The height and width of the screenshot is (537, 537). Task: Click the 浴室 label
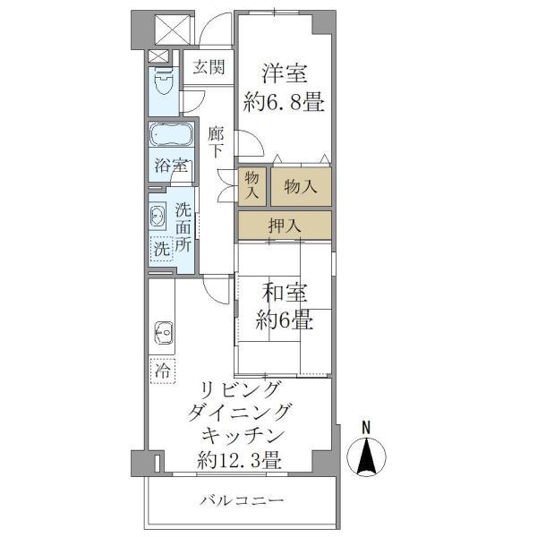tap(170, 166)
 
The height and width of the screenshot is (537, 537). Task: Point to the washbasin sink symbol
tap(158, 216)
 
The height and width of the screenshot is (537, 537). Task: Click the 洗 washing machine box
tap(161, 250)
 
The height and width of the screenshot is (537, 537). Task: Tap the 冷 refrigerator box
tap(163, 369)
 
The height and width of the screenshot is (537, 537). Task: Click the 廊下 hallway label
tap(215, 142)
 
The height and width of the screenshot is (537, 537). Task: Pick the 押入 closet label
tap(284, 225)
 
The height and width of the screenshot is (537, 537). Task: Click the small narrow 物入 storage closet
tap(251, 186)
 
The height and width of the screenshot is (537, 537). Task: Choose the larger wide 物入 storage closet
tap(301, 186)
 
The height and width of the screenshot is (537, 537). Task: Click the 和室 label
tap(285, 292)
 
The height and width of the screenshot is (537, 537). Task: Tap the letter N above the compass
tap(366, 428)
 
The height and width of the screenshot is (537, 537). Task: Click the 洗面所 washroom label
tap(183, 228)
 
